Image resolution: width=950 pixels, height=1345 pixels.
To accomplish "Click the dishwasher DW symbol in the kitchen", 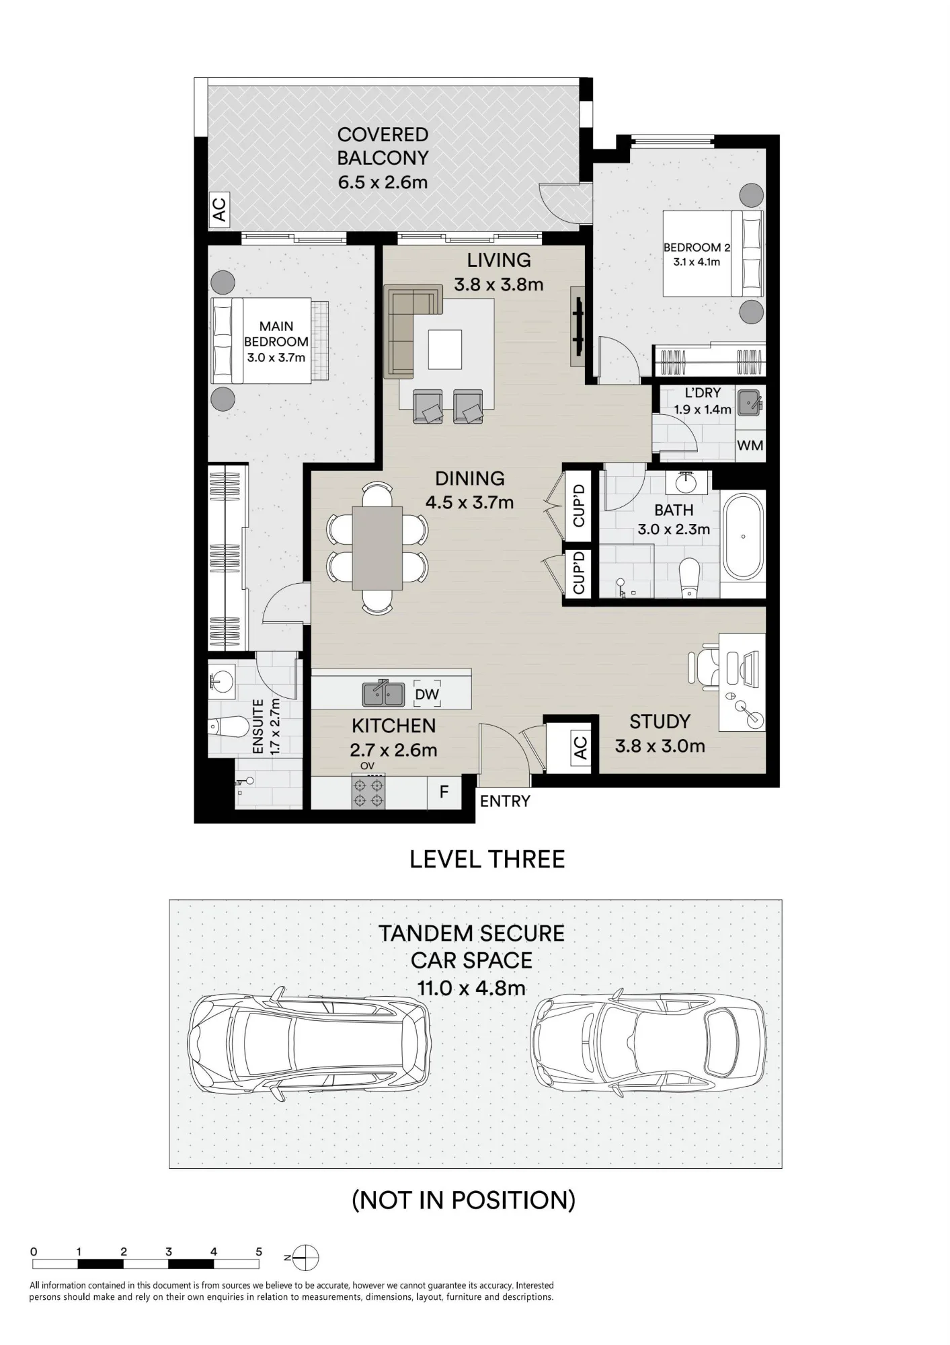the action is click(427, 694).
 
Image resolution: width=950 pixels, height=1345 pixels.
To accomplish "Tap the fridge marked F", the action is click(444, 792).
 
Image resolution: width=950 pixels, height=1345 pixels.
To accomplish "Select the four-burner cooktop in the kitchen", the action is click(368, 792).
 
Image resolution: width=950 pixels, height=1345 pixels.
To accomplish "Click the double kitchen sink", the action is click(383, 694).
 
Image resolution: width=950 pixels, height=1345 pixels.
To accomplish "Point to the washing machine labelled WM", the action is click(750, 445).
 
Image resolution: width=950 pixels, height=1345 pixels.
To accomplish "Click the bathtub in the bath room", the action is click(743, 536).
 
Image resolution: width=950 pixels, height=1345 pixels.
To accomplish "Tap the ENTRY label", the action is click(505, 801).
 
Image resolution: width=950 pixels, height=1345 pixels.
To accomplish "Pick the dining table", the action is click(377, 544).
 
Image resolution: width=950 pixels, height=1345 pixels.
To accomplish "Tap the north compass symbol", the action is click(305, 1257).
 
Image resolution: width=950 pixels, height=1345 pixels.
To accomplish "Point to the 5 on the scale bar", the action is click(259, 1252).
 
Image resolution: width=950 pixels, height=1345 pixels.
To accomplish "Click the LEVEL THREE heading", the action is click(487, 859).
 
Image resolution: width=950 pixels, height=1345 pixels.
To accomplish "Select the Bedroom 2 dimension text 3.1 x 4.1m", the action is click(697, 262).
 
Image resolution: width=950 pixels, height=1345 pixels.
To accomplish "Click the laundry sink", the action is click(750, 403).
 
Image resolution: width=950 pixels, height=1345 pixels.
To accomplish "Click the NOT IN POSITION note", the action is click(464, 1200).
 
